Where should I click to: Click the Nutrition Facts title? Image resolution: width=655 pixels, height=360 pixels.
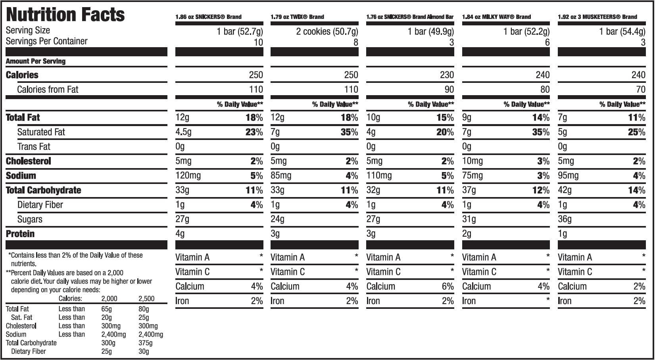point(65,14)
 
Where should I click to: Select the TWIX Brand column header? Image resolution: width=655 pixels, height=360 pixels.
point(297,17)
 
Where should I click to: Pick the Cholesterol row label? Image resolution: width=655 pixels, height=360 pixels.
point(29,161)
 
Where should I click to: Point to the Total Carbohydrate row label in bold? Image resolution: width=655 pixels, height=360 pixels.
point(43,190)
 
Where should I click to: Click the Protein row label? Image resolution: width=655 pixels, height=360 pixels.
point(20,234)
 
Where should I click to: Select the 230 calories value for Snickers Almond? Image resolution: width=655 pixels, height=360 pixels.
point(447,75)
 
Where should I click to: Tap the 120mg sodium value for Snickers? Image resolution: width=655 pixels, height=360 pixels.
point(188,176)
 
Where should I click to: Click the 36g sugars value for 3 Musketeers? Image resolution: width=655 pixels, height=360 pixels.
point(565,219)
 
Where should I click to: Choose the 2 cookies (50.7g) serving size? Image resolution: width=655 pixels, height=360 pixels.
point(327,31)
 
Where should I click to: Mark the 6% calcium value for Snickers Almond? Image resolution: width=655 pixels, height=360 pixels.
point(448,286)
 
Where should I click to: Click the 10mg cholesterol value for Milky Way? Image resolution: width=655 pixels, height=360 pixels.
point(473,161)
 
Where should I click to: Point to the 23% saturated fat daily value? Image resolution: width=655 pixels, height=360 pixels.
point(254,132)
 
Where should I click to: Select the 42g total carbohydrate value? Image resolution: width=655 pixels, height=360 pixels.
point(565,190)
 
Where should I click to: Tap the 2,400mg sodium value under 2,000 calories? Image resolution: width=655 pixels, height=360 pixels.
point(113,334)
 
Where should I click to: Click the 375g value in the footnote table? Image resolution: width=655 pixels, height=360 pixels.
point(145,343)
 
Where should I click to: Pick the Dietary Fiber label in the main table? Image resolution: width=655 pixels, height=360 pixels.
point(40,205)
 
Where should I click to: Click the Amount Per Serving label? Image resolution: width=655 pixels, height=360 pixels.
point(36,61)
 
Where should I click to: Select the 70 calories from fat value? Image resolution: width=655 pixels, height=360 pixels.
point(640,90)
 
